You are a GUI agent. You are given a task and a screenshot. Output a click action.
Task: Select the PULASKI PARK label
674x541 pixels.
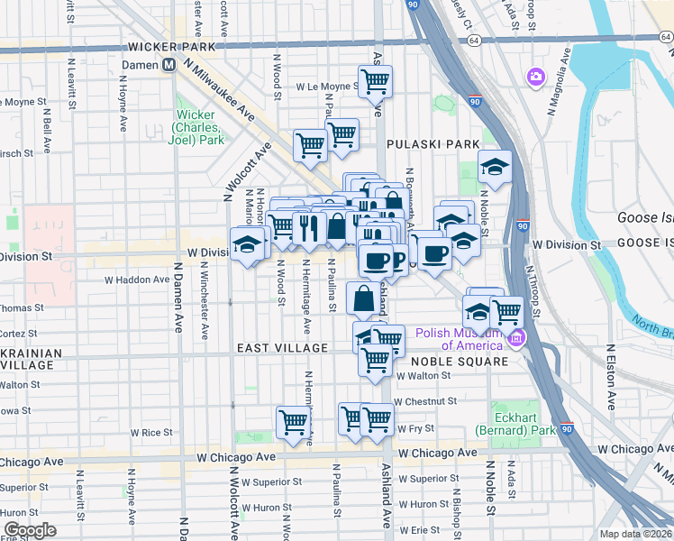[x=420, y=144]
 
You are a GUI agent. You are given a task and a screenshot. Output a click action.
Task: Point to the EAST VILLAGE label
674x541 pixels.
[x=282, y=348]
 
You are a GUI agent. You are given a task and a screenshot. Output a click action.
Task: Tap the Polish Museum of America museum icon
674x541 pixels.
[x=516, y=339]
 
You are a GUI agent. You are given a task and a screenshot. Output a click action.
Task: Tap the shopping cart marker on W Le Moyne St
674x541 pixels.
[x=376, y=82]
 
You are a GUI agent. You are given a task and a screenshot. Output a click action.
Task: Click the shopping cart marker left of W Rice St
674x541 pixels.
[x=294, y=422]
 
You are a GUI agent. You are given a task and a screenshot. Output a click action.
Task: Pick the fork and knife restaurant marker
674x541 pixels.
[x=308, y=227]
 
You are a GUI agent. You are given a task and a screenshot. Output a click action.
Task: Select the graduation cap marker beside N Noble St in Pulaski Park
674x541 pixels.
[x=494, y=168]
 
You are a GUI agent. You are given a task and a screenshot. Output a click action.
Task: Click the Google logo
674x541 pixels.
[x=30, y=529]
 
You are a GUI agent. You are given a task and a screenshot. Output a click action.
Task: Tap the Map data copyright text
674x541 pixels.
[x=636, y=534]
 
